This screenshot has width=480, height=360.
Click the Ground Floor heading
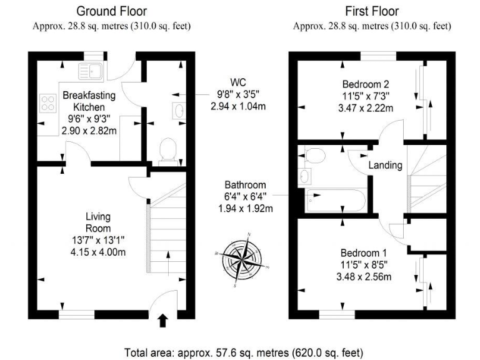(x=111, y=11)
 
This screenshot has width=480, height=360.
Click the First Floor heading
(x=371, y=11)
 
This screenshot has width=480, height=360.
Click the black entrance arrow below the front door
(x=163, y=321)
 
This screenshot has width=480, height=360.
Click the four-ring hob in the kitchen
(x=48, y=102)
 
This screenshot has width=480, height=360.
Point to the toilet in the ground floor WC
(x=167, y=151)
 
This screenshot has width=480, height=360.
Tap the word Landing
(x=385, y=165)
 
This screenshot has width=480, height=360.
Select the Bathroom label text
(x=246, y=186)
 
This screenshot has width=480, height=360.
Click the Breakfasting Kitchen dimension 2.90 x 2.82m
(x=89, y=131)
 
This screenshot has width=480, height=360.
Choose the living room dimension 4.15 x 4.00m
(x=98, y=252)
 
